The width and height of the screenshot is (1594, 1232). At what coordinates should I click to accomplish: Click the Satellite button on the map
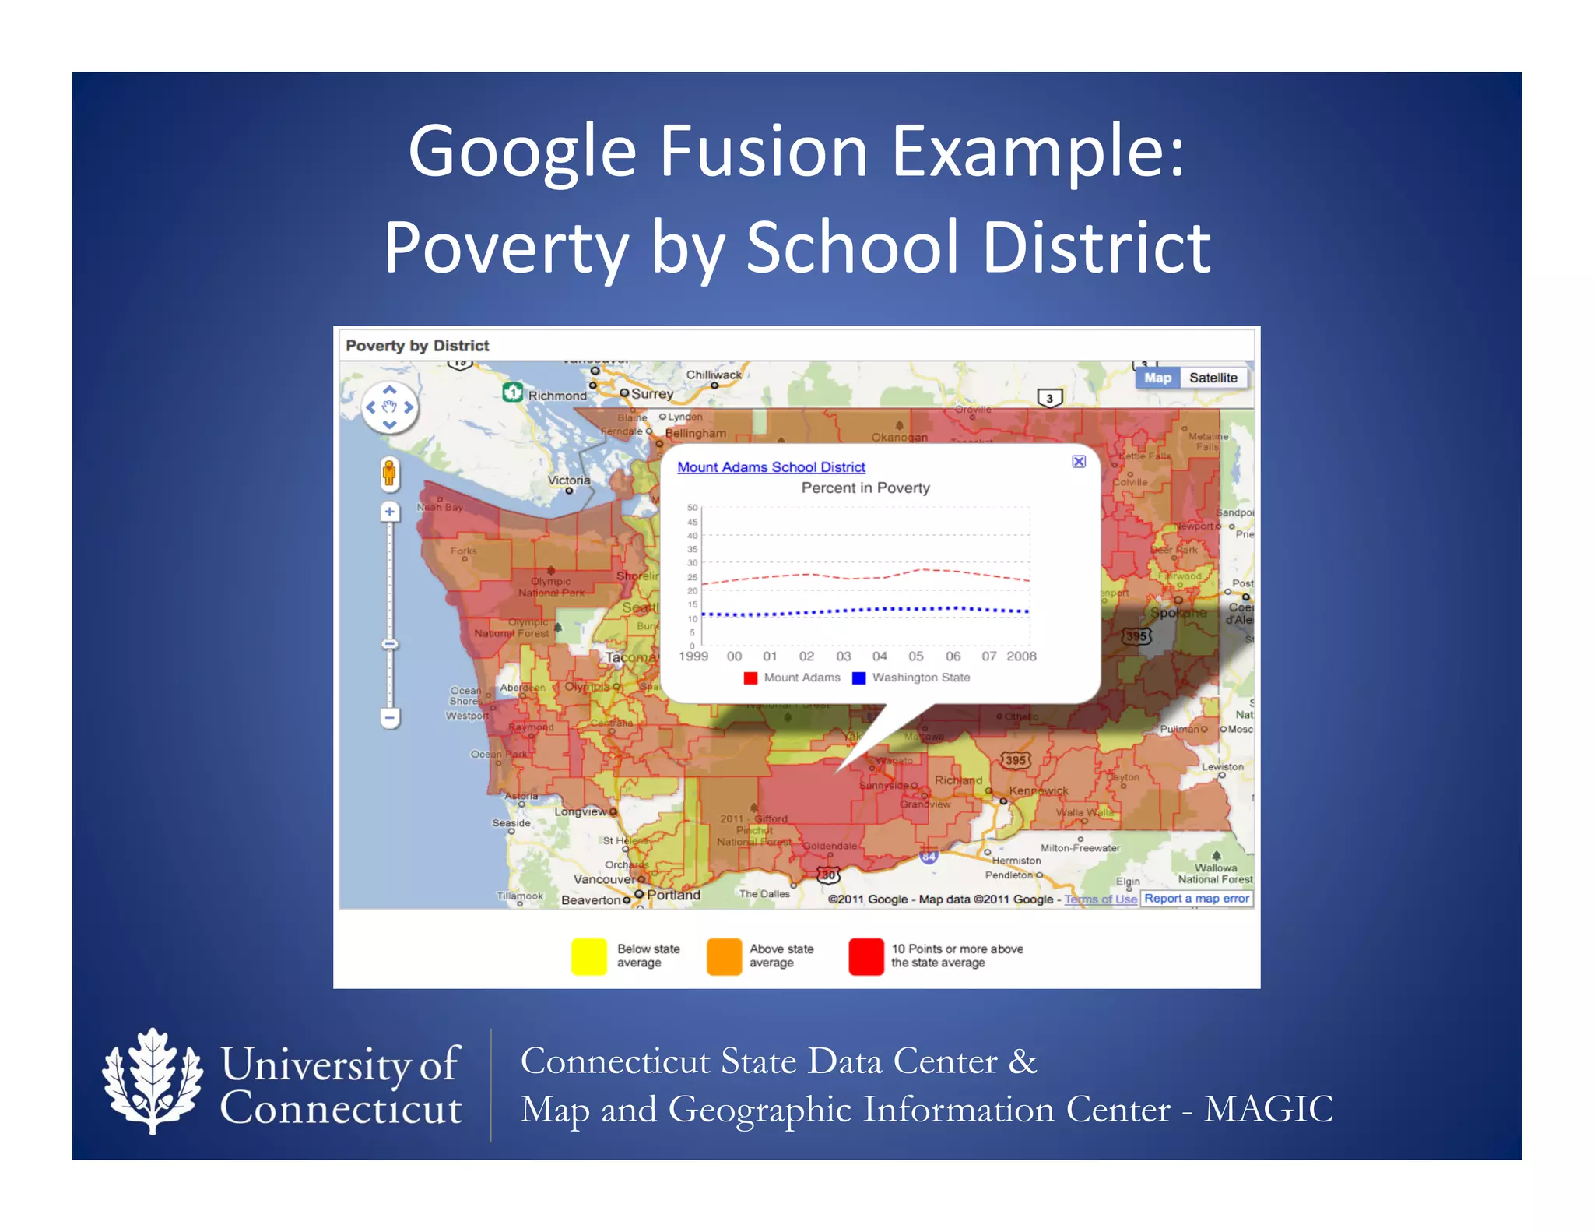click(x=1213, y=378)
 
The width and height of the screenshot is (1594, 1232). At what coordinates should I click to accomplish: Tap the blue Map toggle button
click(x=1157, y=378)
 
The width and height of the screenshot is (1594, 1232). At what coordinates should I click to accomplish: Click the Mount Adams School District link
click(x=771, y=467)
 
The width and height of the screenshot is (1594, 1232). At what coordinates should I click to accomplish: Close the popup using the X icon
click(x=1079, y=462)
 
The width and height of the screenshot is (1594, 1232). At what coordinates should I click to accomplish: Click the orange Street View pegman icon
click(x=389, y=473)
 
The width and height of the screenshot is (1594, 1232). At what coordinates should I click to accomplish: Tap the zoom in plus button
click(x=390, y=512)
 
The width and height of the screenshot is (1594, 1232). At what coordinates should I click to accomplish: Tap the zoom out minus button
click(x=390, y=716)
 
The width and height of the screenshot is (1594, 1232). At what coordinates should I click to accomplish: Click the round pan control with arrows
click(x=390, y=407)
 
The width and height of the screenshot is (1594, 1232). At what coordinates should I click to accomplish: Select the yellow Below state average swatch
click(x=588, y=956)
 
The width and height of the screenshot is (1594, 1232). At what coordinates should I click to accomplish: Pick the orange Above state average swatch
click(x=724, y=956)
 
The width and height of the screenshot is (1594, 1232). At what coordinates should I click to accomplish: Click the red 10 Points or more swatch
click(x=866, y=956)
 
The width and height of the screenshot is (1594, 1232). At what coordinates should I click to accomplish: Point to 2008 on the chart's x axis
click(x=1021, y=656)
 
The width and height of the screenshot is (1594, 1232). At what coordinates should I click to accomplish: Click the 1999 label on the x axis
click(x=693, y=656)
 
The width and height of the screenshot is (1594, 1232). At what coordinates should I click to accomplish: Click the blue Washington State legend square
click(x=859, y=678)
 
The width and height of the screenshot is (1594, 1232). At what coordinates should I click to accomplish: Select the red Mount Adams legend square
click(x=750, y=678)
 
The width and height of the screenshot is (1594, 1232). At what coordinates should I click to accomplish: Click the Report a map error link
click(x=1196, y=899)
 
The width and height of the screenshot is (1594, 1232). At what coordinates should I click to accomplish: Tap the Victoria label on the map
click(x=569, y=480)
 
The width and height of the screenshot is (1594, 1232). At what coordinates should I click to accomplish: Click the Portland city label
click(x=673, y=895)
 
